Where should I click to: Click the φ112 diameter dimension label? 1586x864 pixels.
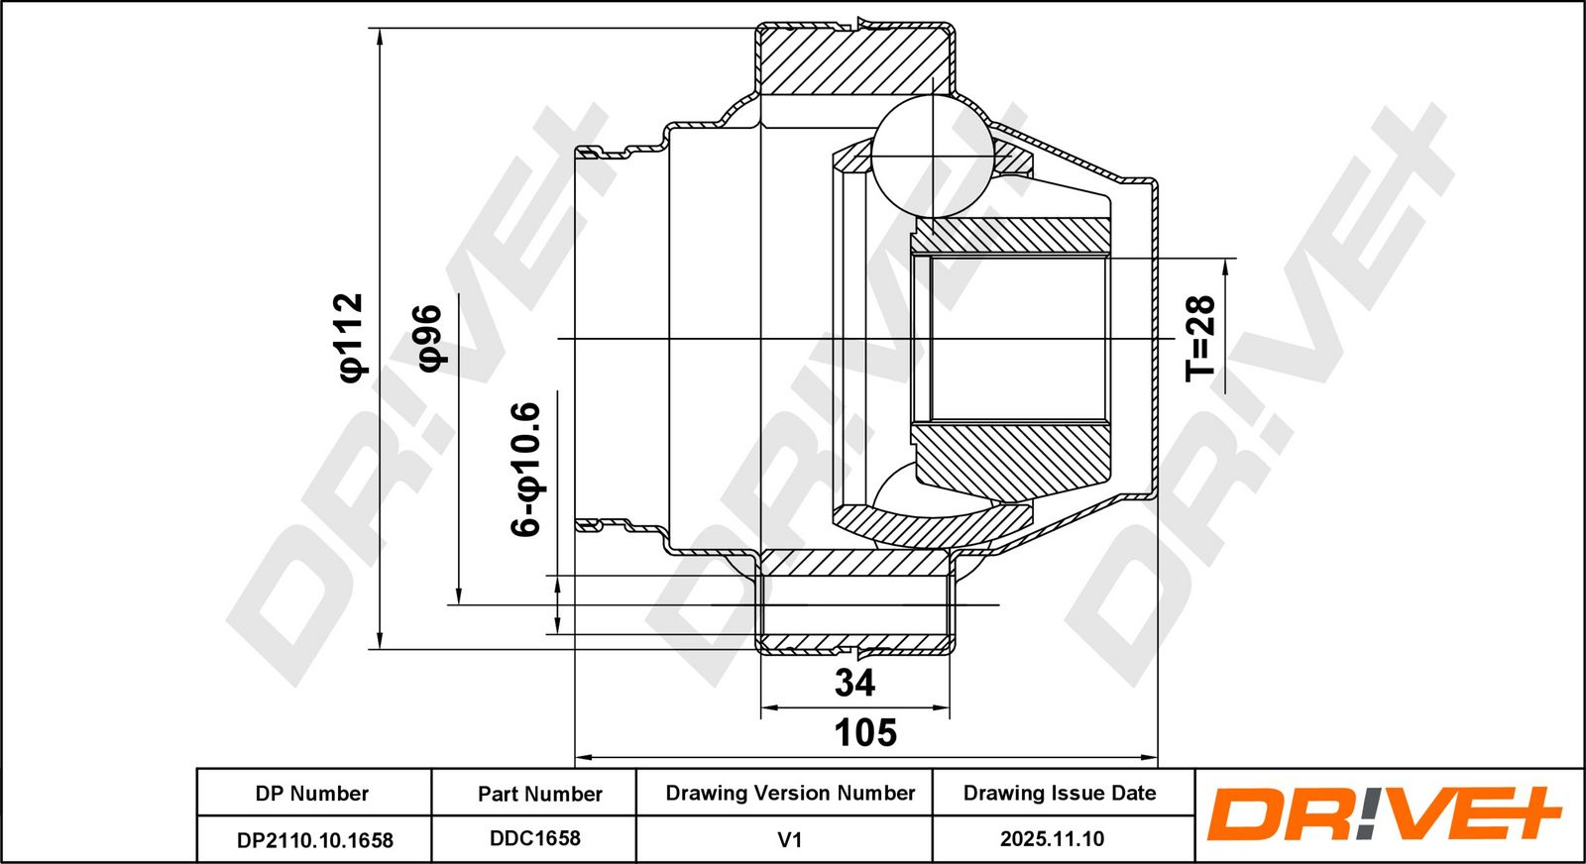[352, 338]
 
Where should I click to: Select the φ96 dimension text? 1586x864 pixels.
[431, 338]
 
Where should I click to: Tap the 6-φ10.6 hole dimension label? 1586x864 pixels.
[527, 469]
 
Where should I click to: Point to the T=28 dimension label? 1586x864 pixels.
[1200, 338]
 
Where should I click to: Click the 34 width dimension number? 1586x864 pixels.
[854, 683]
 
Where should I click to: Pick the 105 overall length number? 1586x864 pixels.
[865, 732]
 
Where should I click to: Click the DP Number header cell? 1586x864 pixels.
[312, 794]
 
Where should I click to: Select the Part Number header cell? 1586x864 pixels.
[539, 794]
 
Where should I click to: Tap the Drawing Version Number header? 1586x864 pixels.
[790, 793]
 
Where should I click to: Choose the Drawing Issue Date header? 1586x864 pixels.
[1060, 793]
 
